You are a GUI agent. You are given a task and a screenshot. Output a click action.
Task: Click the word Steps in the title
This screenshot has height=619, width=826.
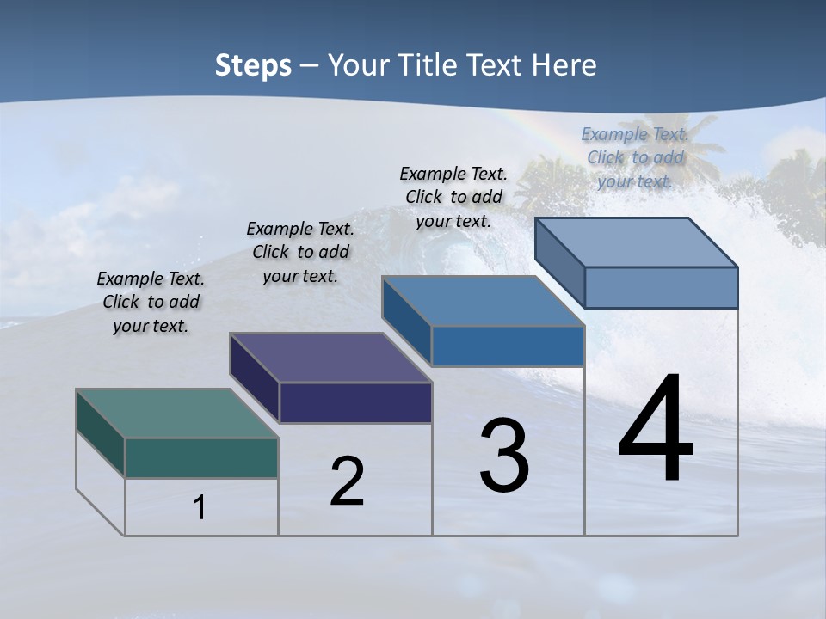point(253,65)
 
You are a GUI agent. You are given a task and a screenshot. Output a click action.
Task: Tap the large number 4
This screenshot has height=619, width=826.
point(656,430)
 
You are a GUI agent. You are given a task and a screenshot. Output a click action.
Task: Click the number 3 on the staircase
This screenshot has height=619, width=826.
point(504,457)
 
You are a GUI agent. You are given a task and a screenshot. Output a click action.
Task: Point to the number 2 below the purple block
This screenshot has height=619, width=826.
point(347,482)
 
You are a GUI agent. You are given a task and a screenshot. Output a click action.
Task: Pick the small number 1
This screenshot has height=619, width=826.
point(199,508)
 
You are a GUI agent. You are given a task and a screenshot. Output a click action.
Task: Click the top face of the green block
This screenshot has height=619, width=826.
point(176,413)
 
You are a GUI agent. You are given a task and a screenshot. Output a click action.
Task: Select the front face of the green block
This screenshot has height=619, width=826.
point(201,457)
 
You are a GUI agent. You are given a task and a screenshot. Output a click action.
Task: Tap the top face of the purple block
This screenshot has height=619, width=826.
point(330,358)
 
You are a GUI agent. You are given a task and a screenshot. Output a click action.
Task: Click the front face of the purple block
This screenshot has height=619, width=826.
point(355,402)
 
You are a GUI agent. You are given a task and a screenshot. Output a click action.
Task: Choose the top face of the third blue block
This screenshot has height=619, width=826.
point(483,301)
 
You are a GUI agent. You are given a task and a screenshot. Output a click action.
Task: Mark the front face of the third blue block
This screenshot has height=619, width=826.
point(508,346)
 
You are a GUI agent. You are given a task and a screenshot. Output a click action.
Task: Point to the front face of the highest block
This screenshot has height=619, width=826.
point(661,287)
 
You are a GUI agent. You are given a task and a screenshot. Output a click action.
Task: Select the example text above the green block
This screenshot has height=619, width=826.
point(151,302)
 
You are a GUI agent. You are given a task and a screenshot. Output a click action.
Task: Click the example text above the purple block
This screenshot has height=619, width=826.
point(300,252)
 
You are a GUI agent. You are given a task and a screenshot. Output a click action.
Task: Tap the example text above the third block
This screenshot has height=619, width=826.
point(453,197)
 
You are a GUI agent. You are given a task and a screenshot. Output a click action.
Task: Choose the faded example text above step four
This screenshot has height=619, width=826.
point(635,157)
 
